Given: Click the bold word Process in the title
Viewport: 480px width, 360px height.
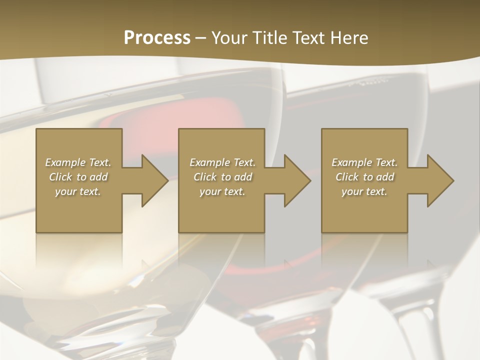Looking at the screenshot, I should point(157,37).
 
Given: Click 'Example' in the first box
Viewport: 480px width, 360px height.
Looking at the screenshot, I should point(65,162).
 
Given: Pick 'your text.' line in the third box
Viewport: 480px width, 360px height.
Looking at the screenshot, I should point(364,191).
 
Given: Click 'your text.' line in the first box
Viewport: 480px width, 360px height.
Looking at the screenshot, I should point(78,191).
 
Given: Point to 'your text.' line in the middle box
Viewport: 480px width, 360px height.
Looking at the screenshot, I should point(222,191).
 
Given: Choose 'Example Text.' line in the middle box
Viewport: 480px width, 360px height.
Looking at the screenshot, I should point(222,162).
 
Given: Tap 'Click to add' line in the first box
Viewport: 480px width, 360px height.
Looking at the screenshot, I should point(78,177).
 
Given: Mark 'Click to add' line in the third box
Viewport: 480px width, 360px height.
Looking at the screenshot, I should point(364,177).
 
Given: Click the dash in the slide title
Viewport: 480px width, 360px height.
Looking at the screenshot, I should point(201,37).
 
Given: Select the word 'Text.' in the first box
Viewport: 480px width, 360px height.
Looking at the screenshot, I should point(100,162).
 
